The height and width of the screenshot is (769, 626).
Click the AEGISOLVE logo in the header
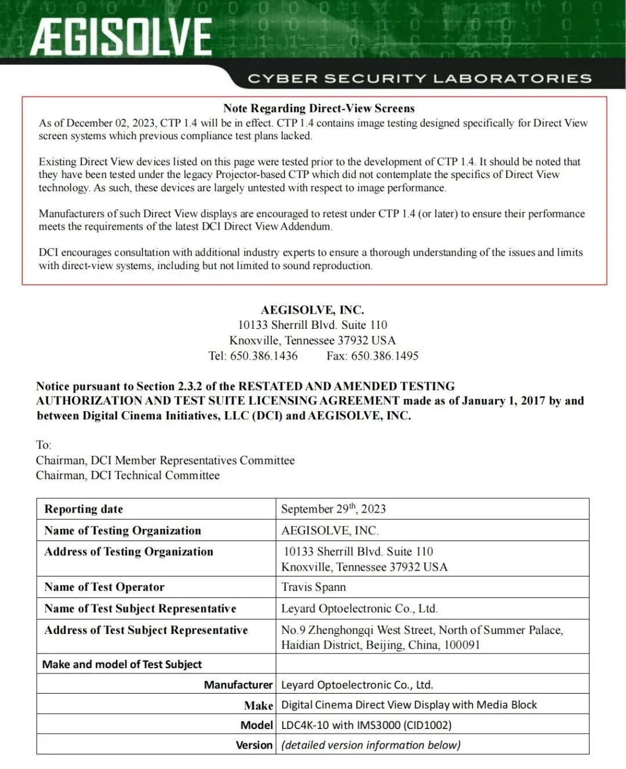click(121, 36)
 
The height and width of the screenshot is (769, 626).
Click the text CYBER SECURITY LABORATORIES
click(419, 78)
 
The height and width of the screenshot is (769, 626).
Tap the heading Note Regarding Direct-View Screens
click(319, 108)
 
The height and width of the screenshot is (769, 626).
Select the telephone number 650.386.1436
click(264, 356)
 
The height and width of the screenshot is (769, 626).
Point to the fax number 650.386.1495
click(384, 356)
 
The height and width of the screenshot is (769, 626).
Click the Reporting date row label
click(83, 509)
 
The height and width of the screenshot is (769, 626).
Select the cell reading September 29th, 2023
click(333, 509)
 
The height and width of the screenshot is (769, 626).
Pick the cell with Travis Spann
click(314, 587)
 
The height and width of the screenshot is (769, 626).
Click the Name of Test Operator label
click(104, 587)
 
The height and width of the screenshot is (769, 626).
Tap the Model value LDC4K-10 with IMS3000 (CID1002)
click(366, 725)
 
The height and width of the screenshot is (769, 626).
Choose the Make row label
click(259, 705)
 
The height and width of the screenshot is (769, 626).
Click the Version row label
click(254, 745)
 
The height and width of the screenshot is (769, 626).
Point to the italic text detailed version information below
click(371, 745)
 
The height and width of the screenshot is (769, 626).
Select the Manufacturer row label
click(238, 685)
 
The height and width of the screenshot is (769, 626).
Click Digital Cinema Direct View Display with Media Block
click(409, 705)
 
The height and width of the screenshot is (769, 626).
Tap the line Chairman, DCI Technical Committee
click(128, 476)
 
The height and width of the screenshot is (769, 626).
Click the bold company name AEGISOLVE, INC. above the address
click(312, 310)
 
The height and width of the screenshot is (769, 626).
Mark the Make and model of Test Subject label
click(122, 665)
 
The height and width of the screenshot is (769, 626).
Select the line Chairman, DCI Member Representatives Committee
click(165, 460)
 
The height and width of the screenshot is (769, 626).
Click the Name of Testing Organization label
click(123, 531)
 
